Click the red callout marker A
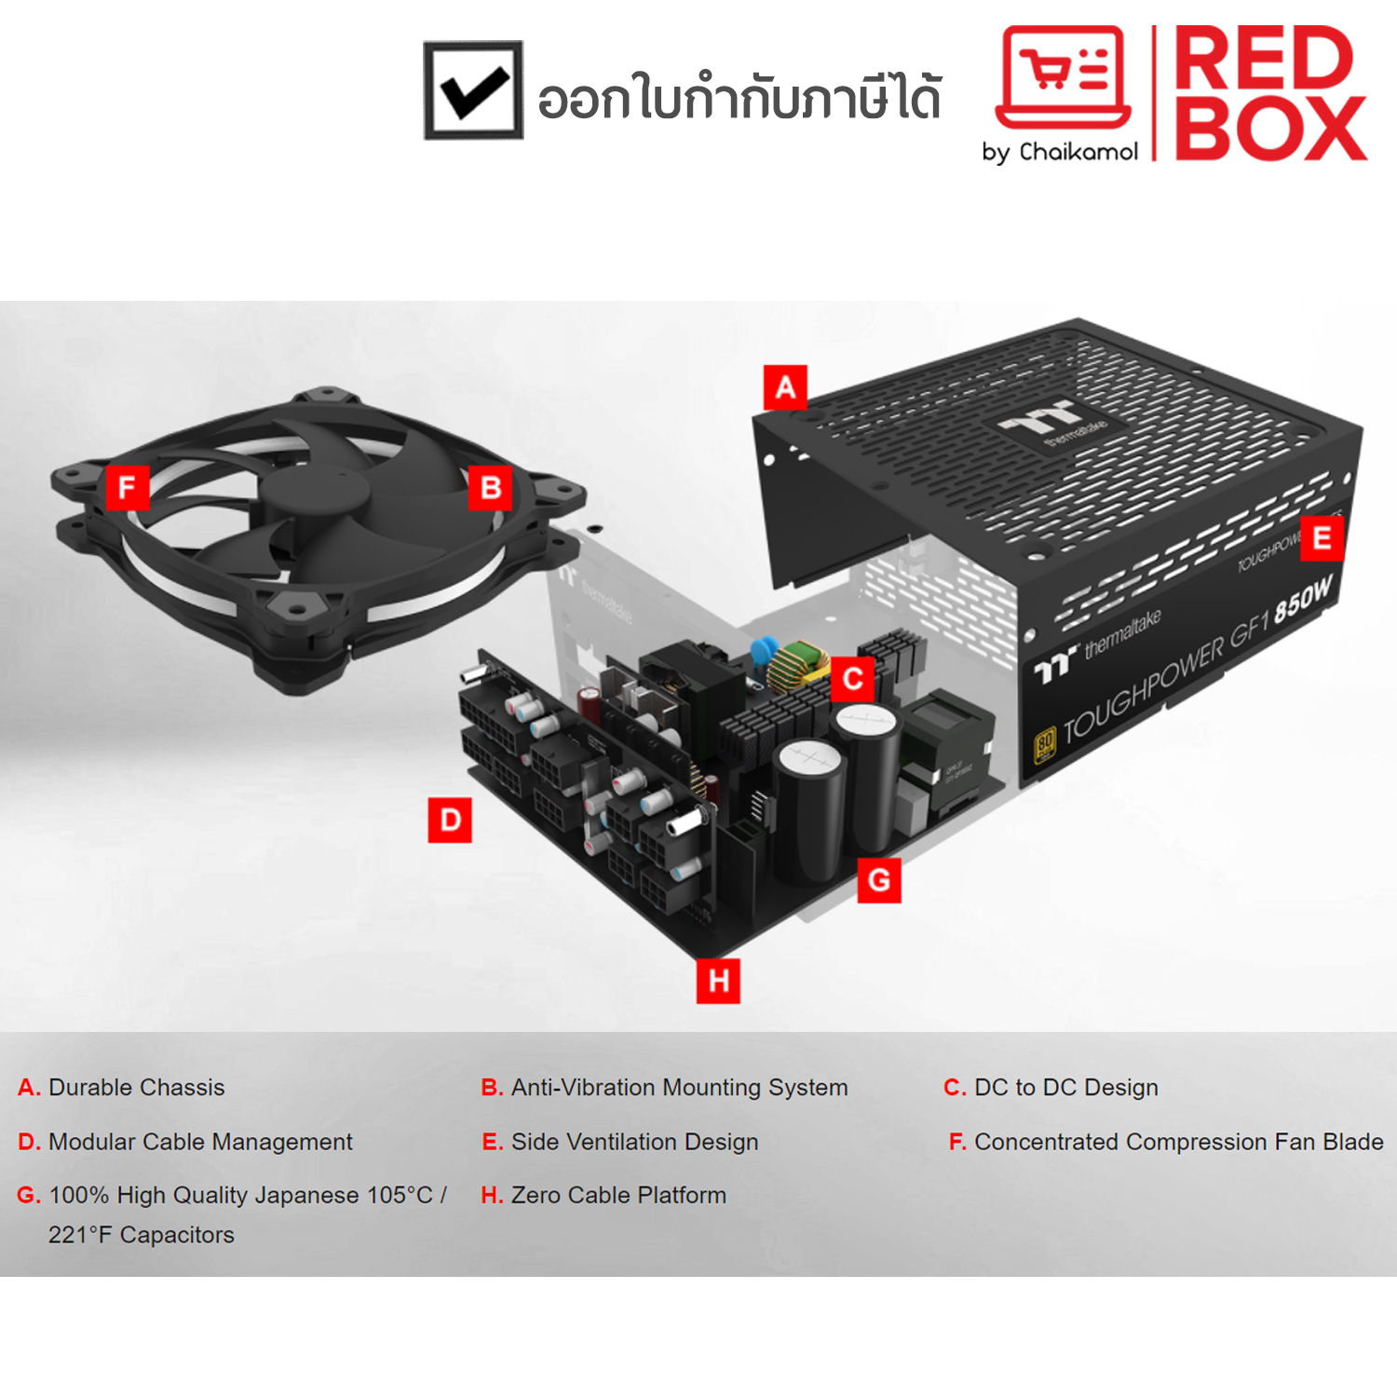coord(785,387)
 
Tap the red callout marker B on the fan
coord(490,487)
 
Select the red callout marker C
coord(852,679)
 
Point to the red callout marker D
coord(450,820)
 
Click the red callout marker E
coord(1322,538)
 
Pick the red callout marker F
coord(127,486)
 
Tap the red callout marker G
coord(879,880)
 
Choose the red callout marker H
coord(718,981)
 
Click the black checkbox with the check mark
coord(473,90)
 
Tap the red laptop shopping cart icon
coord(1064,77)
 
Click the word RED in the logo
coord(1263,58)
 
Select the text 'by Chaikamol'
coord(1060,152)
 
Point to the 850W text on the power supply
coord(1304,599)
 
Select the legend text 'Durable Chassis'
coord(137,1087)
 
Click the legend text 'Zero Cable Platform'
coord(618,1195)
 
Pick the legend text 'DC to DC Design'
coord(1066,1087)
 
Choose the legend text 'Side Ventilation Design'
coord(635,1142)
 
